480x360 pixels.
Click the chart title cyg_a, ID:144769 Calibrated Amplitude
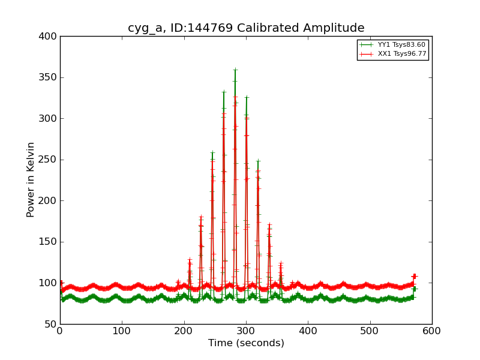point(246,28)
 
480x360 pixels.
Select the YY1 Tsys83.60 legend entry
point(401,44)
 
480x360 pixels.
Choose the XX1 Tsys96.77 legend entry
point(401,54)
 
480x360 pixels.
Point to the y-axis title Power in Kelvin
point(31,179)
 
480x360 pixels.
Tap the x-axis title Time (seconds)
point(246,343)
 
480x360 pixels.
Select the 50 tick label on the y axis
point(50,324)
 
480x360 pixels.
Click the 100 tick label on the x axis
point(122,331)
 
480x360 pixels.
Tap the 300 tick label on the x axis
point(246,331)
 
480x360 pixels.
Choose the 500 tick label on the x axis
point(370,331)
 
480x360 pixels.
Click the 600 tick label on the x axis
point(432,331)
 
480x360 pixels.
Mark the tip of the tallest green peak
point(235,70)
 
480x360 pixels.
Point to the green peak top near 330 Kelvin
point(224,92)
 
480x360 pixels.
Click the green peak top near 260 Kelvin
point(212,152)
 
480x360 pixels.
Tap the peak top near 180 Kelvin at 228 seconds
point(201,217)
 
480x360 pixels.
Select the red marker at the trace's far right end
point(414,277)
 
